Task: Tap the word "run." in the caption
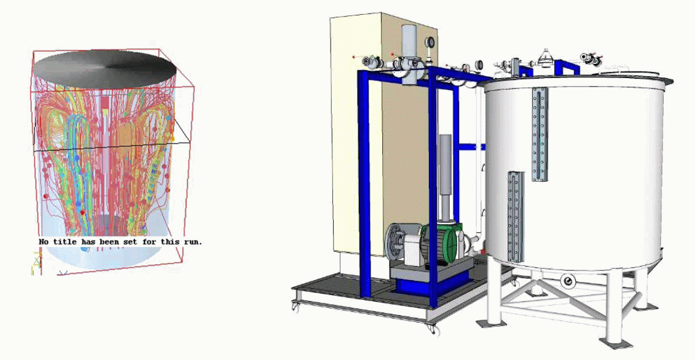tap(193, 241)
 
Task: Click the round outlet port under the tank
tap(567, 281)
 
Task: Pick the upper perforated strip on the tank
tap(540, 134)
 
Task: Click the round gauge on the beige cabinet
tap(430, 42)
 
